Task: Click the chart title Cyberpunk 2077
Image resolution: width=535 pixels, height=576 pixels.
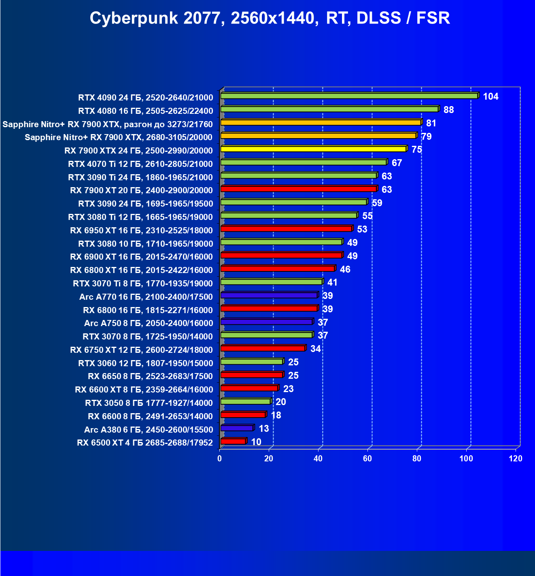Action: point(270,18)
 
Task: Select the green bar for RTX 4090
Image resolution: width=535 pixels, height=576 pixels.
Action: point(349,96)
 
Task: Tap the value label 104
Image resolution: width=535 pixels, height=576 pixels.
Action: point(490,96)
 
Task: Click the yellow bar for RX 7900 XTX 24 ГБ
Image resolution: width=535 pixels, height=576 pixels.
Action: point(313,149)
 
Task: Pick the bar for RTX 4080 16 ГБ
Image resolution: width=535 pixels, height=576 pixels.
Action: point(329,109)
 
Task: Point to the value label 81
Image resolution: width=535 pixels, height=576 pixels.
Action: point(431,123)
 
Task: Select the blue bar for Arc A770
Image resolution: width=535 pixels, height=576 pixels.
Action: point(269,295)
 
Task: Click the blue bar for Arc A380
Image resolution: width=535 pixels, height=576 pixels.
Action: point(237,428)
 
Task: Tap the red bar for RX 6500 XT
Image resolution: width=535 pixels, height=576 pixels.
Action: point(233,442)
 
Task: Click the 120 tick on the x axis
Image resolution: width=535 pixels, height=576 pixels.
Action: point(516,459)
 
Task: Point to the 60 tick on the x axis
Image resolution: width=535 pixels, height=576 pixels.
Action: point(367,459)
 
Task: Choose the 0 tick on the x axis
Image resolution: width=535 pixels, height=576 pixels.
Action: point(220,459)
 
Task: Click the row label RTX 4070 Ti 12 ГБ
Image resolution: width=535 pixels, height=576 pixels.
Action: point(140,164)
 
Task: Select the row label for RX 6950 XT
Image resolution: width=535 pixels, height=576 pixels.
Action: point(141,230)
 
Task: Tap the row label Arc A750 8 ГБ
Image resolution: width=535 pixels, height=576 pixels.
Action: point(148,323)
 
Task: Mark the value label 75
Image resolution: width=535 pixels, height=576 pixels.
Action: point(416,150)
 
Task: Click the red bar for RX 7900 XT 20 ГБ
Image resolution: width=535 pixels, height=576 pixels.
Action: point(299,189)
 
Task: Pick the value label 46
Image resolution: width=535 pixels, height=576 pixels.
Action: point(345,269)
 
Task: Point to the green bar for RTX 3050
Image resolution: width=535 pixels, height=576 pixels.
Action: point(245,401)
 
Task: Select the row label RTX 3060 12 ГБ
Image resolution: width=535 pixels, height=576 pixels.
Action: point(145,363)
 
